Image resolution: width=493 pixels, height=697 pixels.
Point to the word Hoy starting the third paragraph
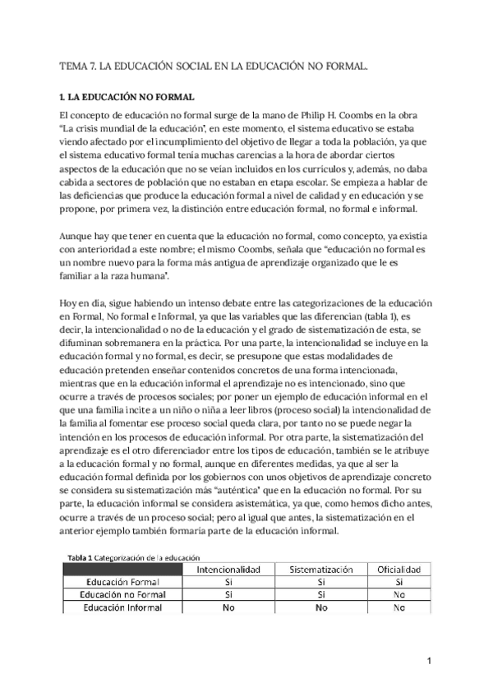[x=70, y=282]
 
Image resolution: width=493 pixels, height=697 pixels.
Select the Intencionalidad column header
[x=227, y=569]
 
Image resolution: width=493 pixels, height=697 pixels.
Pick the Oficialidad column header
[x=399, y=569]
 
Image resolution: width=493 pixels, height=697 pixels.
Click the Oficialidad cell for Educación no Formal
[x=399, y=594]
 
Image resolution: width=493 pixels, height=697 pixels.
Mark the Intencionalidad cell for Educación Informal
[x=227, y=607]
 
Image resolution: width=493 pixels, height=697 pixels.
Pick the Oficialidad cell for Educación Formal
[x=399, y=582]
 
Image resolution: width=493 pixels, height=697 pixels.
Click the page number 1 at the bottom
[x=429, y=662]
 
